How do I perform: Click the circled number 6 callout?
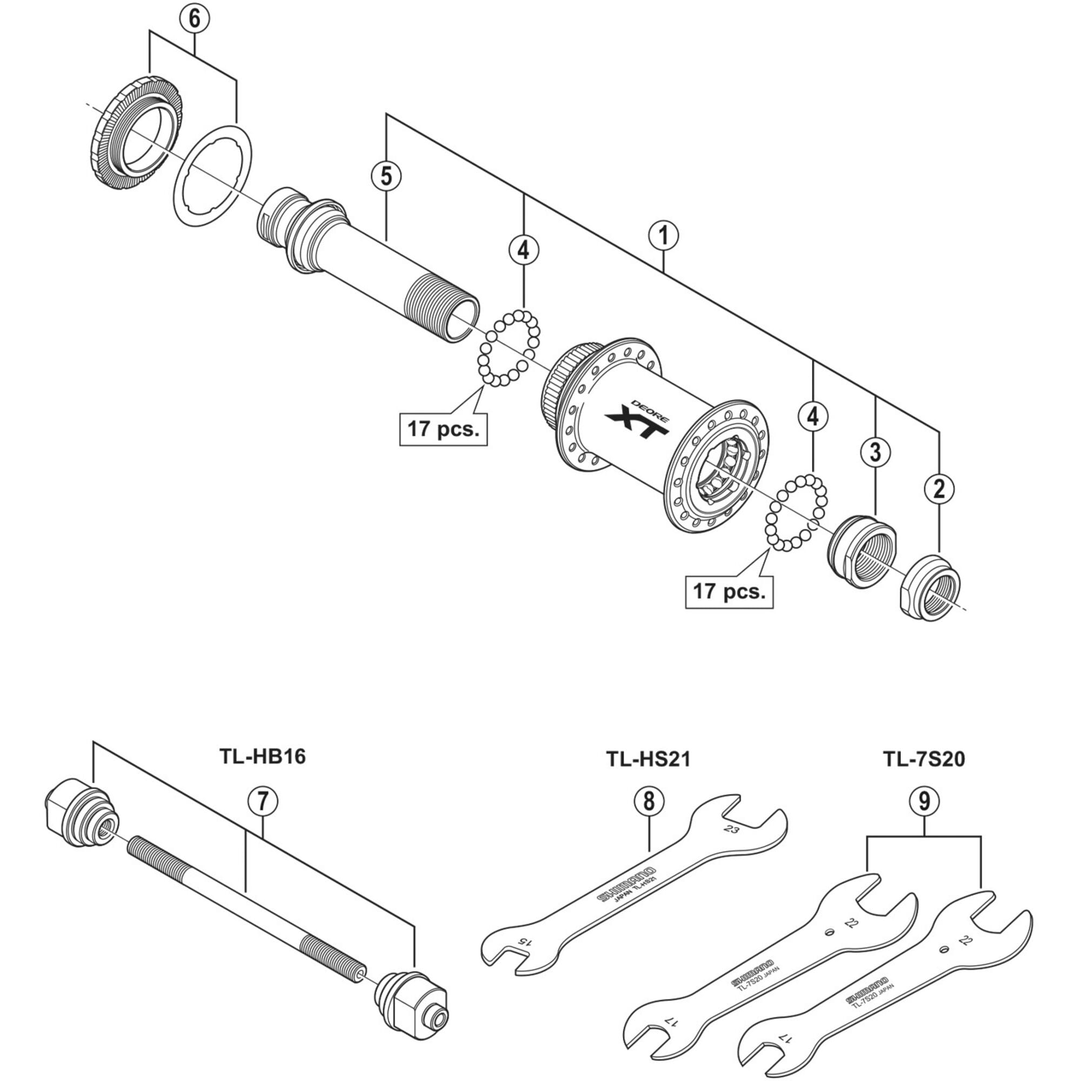click(193, 18)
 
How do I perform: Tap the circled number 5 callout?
click(386, 176)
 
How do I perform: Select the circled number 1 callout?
click(664, 236)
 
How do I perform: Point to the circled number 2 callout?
click(939, 489)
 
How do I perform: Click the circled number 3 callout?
click(876, 451)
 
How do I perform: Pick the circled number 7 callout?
click(263, 802)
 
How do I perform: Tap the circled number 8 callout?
click(649, 802)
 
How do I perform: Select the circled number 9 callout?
click(924, 802)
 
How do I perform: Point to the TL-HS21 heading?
click(649, 759)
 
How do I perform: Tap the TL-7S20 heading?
click(924, 759)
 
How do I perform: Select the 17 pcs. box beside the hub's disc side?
click(443, 429)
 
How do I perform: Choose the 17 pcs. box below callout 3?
click(729, 591)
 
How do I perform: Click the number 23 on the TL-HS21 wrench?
click(731, 829)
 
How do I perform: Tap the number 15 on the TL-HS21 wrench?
click(522, 940)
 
